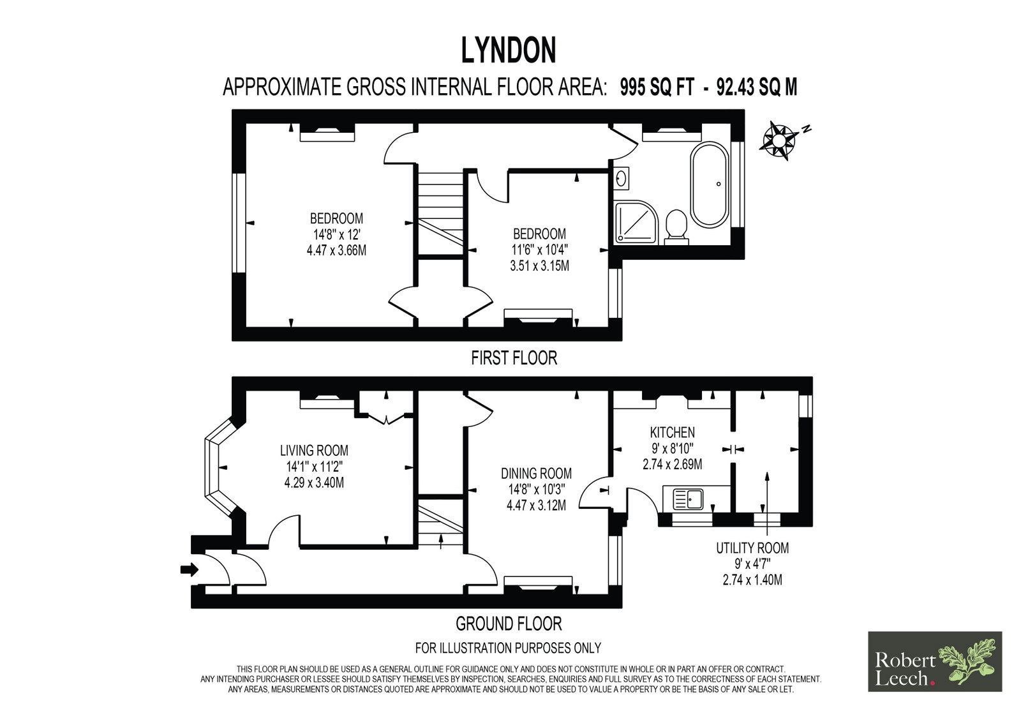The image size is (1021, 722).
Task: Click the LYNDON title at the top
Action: point(509,50)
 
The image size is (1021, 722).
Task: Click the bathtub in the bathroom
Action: point(710,184)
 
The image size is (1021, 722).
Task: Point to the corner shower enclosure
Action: point(636,222)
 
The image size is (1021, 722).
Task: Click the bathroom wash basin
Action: point(622,178)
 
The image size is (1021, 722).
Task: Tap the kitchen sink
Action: point(689,499)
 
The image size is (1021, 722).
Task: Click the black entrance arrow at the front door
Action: point(190,569)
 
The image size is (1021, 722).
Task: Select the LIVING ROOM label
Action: point(314,451)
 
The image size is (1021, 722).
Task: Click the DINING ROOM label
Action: point(536,474)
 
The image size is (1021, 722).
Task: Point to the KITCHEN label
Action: point(673,432)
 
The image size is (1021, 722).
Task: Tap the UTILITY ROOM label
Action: point(752,548)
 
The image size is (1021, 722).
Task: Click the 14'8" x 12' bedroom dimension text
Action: point(336,234)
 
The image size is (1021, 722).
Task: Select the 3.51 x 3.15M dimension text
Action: point(539,266)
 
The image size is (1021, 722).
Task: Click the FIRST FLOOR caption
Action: point(514,358)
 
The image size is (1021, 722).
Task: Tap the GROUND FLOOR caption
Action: point(509,624)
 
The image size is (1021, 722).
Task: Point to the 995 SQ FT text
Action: point(657,87)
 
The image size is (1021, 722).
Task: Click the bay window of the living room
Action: point(220,469)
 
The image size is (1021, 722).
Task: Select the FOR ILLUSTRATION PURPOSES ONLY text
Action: point(508,648)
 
